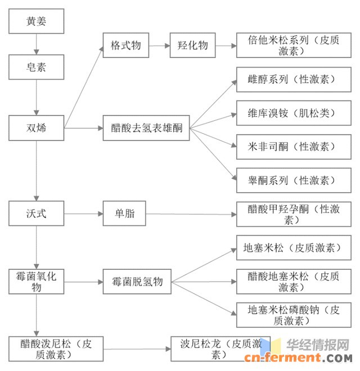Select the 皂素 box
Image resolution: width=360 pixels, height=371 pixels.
point(37,67)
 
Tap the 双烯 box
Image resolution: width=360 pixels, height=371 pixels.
point(37,128)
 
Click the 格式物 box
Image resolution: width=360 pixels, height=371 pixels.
point(126,46)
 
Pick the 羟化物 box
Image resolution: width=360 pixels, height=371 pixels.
point(192,46)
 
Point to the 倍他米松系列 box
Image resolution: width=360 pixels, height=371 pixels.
point(294,46)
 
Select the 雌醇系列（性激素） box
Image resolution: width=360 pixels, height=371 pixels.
point(294,80)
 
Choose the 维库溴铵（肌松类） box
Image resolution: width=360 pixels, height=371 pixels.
point(294,113)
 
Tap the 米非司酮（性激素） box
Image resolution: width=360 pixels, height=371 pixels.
point(294,147)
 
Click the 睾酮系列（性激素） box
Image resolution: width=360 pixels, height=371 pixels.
point(294,180)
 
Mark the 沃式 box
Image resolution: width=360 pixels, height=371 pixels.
point(37,214)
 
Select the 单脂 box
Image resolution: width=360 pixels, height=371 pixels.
point(126,214)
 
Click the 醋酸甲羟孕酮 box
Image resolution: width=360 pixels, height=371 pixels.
point(294,214)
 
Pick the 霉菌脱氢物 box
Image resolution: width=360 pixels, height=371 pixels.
point(137,281)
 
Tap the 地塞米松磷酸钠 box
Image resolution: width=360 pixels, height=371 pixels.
point(294,315)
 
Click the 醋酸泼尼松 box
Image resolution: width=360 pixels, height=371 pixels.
point(56,349)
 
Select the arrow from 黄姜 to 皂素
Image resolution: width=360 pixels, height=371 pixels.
point(37,44)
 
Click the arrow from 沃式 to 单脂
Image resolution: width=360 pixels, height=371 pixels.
point(83,214)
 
